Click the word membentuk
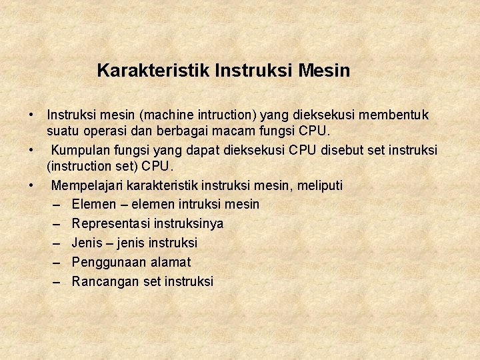pyautogui.click(x=396, y=115)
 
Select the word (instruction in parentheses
pyautogui.click(x=81, y=165)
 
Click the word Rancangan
pyautogui.click(x=105, y=281)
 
